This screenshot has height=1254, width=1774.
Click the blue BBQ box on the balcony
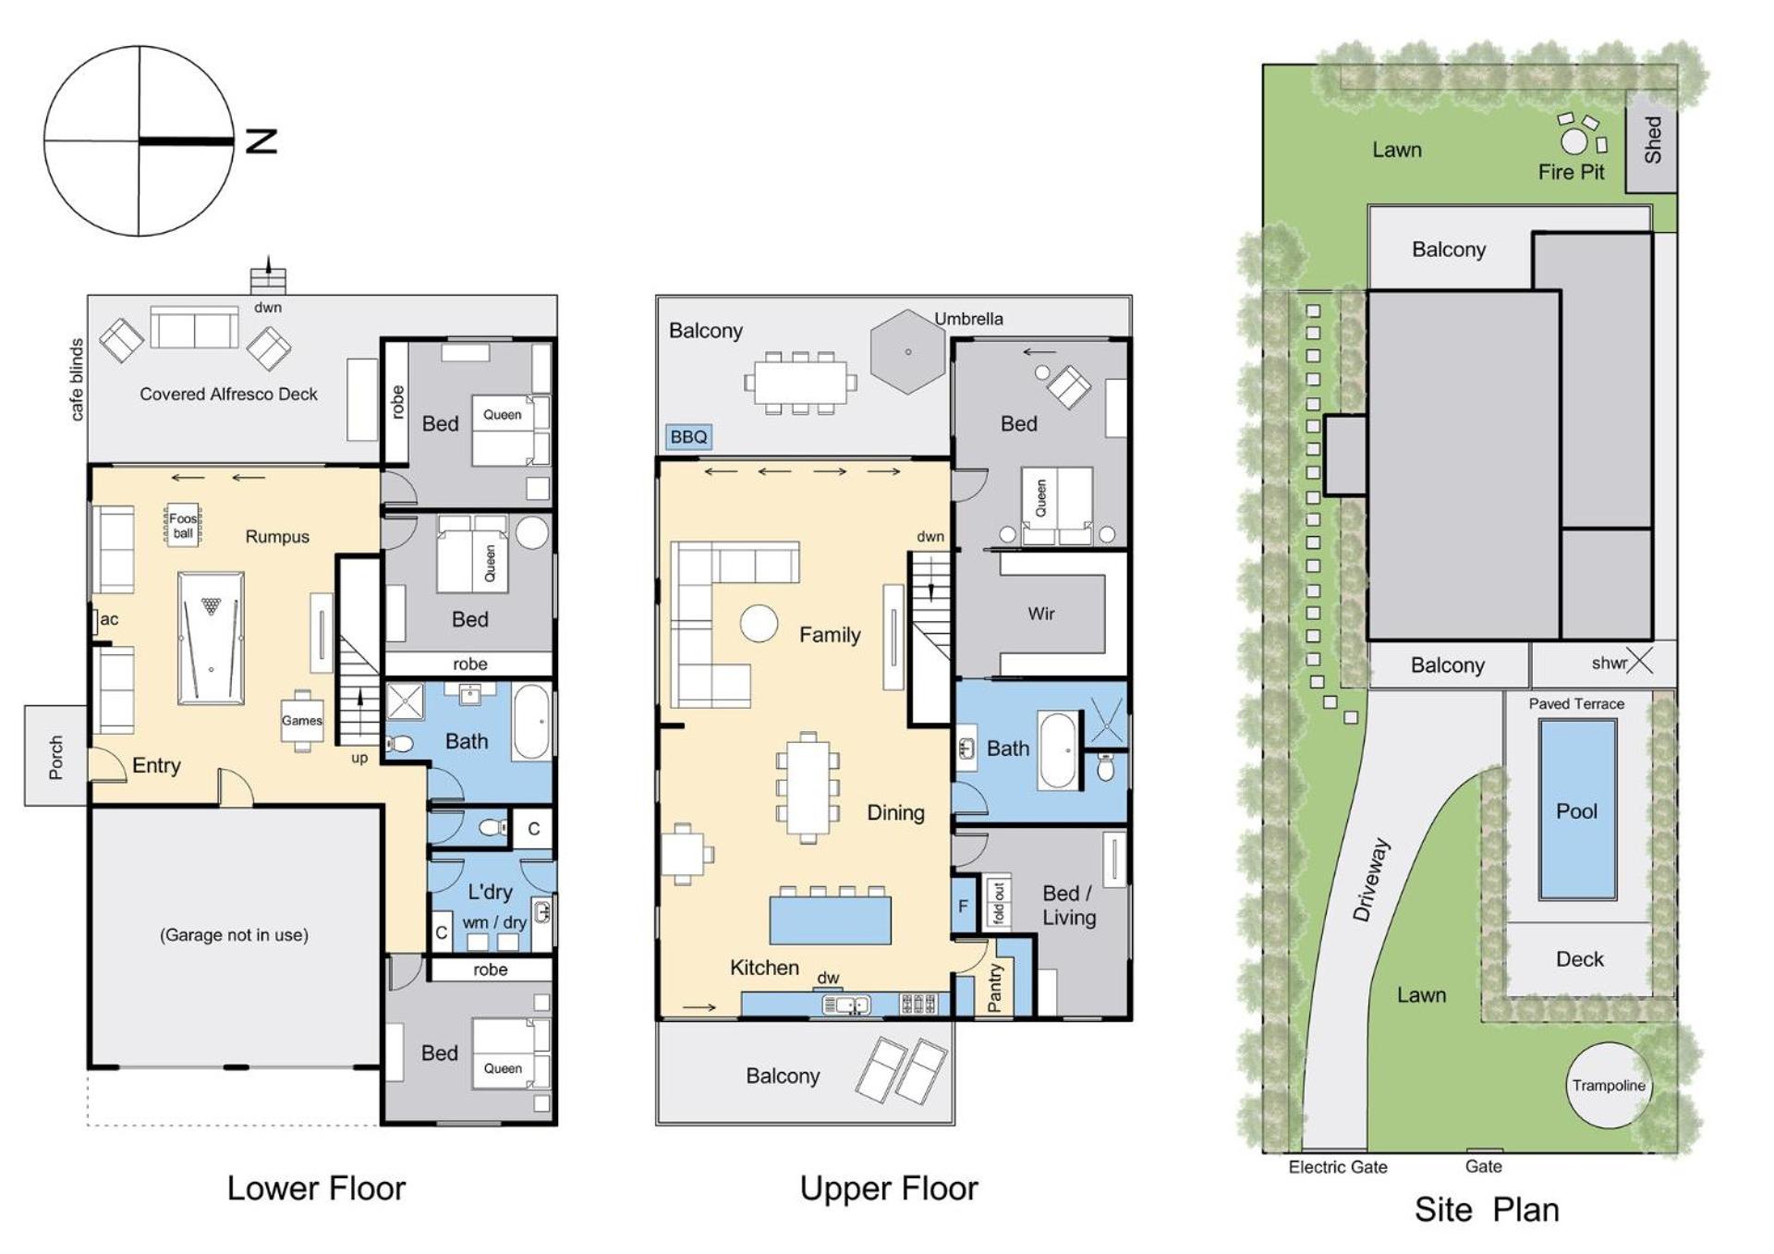(x=688, y=437)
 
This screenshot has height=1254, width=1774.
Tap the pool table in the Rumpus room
(x=212, y=638)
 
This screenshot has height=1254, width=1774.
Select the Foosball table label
(x=183, y=526)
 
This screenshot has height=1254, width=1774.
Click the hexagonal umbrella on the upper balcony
(x=908, y=351)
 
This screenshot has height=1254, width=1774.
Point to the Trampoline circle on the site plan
(x=1610, y=1086)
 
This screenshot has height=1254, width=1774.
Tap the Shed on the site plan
(x=1651, y=141)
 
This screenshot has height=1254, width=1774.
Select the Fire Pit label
(x=1571, y=172)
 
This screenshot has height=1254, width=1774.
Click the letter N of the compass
(x=261, y=141)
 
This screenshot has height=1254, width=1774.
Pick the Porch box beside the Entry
(x=56, y=756)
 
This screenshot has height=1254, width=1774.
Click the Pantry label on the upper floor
(x=995, y=988)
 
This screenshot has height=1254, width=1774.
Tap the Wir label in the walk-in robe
(x=1041, y=614)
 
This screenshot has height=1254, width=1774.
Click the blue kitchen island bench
(x=831, y=919)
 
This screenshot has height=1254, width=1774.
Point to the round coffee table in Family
(x=759, y=624)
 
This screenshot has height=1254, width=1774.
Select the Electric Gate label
(x=1338, y=1167)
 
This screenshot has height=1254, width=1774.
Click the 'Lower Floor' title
(x=316, y=1188)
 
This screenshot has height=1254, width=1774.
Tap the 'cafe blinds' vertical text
(x=77, y=380)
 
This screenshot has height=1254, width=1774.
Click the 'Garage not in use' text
(x=235, y=935)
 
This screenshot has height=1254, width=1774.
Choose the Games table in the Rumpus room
(x=302, y=721)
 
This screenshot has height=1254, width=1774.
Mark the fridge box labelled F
(x=963, y=906)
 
